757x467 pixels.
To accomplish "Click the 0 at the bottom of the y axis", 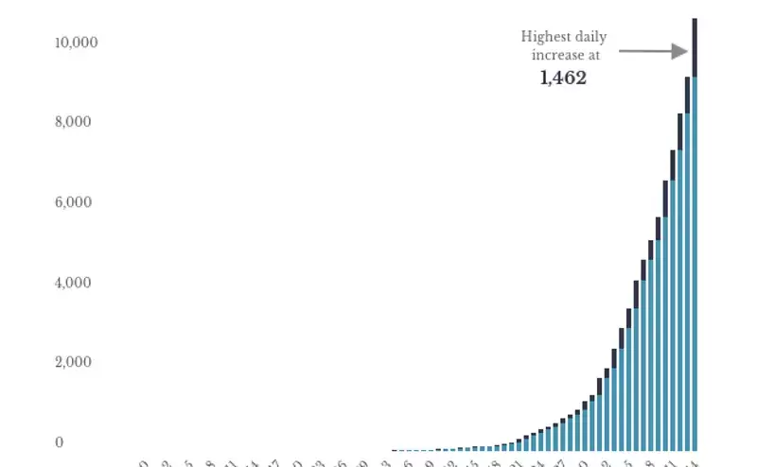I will (59, 442).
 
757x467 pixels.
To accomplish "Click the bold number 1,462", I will (563, 78).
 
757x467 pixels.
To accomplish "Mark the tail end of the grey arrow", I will (622, 51).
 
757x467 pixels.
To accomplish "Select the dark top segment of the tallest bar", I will (695, 47).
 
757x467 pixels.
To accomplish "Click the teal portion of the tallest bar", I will (695, 265).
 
